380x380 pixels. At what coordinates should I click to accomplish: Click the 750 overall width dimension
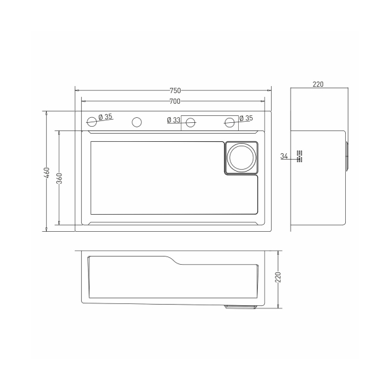[175, 90]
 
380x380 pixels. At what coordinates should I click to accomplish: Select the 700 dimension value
[175, 101]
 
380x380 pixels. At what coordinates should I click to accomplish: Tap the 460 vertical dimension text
[47, 172]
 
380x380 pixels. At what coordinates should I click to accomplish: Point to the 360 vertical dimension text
[59, 178]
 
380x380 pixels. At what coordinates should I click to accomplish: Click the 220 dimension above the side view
[318, 84]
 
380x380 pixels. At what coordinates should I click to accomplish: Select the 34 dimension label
[284, 156]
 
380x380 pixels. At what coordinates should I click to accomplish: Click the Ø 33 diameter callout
[174, 120]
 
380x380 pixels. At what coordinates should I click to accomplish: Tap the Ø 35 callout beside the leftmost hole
[105, 117]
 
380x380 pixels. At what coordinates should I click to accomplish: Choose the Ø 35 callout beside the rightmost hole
[244, 118]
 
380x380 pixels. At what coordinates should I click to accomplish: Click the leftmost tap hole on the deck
[92, 120]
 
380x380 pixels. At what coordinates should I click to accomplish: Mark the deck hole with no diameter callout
[136, 121]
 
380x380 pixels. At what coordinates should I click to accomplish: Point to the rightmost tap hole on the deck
[229, 121]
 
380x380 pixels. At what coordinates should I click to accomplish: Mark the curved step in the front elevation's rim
[172, 260]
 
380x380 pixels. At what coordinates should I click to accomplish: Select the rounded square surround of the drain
[241, 157]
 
